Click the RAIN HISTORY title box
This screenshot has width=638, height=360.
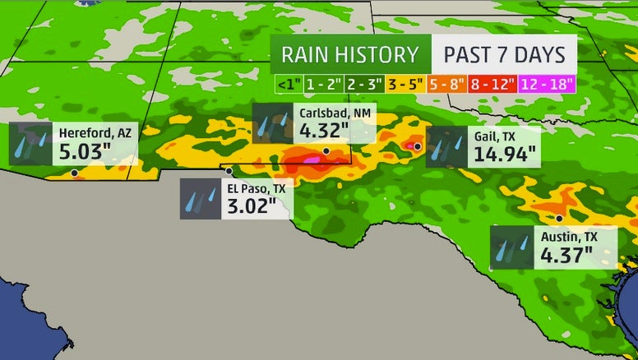tap(350, 55)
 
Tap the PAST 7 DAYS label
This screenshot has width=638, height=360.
tap(504, 55)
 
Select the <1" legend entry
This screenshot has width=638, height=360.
tap(288, 84)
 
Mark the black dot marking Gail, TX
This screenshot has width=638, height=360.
tap(418, 146)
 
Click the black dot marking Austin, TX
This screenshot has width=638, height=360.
tap(559, 218)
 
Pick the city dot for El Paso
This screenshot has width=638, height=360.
tap(229, 171)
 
